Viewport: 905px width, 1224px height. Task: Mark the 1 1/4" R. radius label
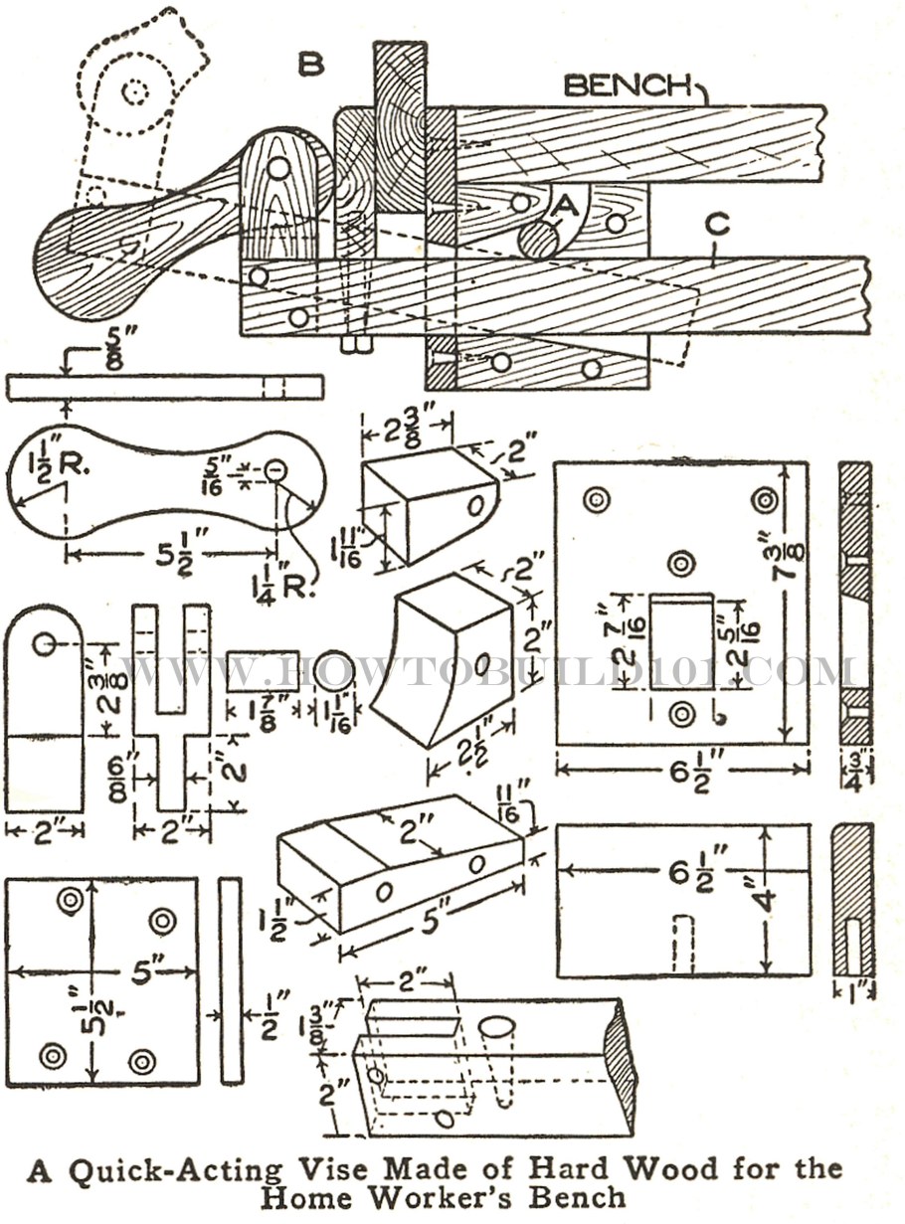click(289, 578)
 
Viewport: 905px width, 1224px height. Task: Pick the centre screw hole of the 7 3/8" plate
click(681, 564)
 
